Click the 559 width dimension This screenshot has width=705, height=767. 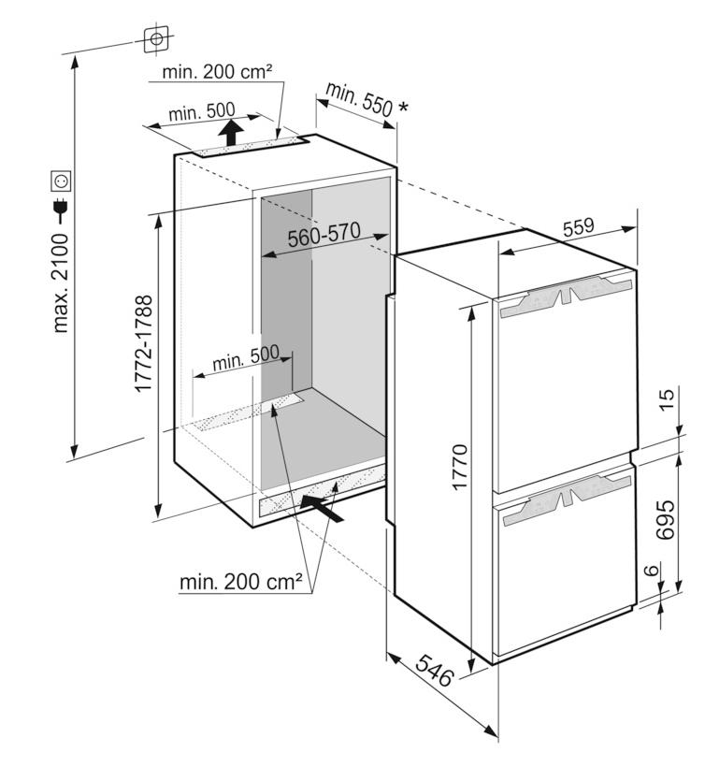coord(578,227)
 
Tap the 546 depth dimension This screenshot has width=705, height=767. coord(434,670)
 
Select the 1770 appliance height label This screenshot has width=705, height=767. coord(460,467)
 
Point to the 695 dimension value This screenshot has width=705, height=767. coord(665,519)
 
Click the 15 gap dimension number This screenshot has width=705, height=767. coord(665,399)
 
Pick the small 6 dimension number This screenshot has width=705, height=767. coord(651,570)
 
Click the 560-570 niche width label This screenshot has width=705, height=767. coord(324,235)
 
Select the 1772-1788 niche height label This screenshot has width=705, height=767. coord(143,343)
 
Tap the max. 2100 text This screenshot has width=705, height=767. coord(61,283)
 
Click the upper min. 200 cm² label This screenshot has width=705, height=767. coord(217,72)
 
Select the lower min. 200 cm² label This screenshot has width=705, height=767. coord(241,582)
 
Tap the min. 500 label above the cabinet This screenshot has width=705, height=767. coord(202,112)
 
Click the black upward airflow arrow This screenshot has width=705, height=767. coord(231,132)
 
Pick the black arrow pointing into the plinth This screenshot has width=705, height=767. coord(322,508)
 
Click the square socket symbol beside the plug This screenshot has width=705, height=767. coord(61,181)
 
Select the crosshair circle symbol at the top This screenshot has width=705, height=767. coord(156,39)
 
